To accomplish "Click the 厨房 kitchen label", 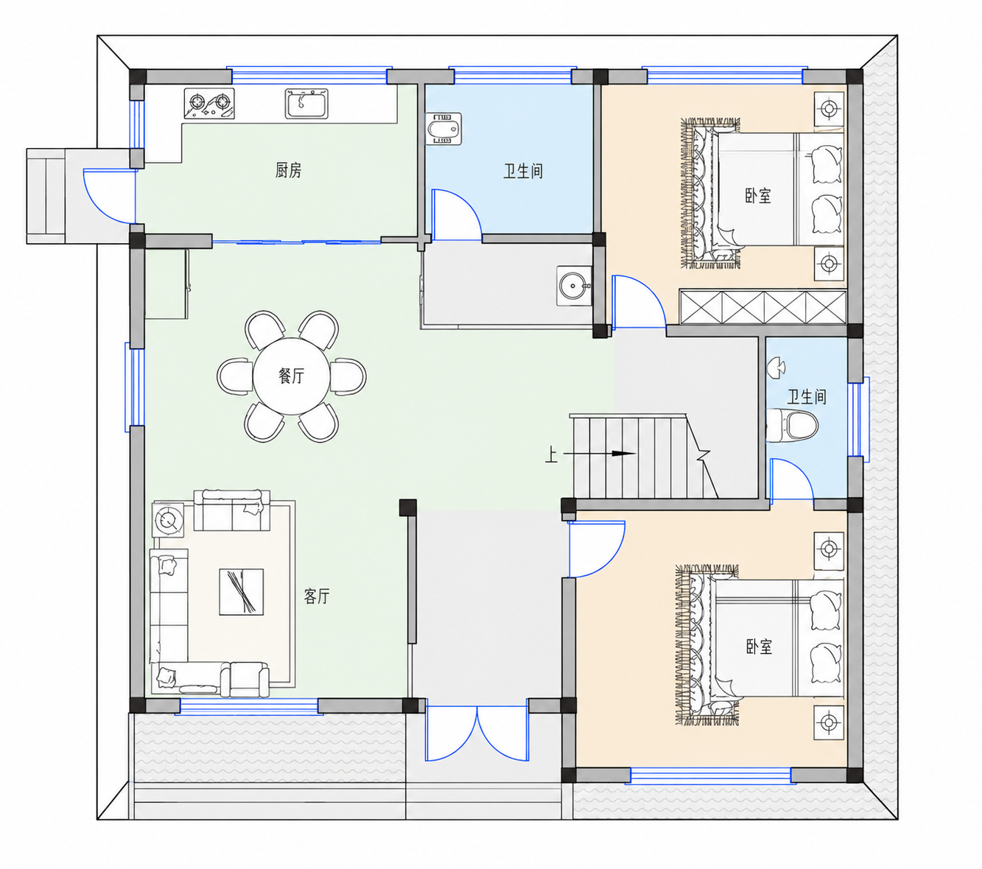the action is point(288,170).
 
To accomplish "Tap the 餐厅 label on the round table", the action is point(291,376).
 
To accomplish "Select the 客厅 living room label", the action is point(317,596).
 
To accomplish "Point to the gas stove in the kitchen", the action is point(209,103).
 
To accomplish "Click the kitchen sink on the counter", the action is point(306,103).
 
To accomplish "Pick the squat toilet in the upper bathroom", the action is point(443,129).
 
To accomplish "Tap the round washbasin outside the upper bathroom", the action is point(574,286).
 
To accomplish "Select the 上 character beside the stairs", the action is point(551,454).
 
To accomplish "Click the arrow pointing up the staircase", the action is point(599,454).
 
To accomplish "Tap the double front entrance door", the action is point(477,733).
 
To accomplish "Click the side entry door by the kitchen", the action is point(110,196).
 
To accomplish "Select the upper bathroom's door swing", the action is point(456,214).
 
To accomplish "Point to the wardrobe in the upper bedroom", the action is point(763,307).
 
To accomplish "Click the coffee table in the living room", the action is point(241,592).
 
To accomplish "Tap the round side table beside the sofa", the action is point(168,519).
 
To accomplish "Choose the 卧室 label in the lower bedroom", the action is point(759,647).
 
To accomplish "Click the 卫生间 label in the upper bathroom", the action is point(522,171).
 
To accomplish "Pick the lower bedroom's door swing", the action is point(596,549).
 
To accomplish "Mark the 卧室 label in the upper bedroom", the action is point(757,195).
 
